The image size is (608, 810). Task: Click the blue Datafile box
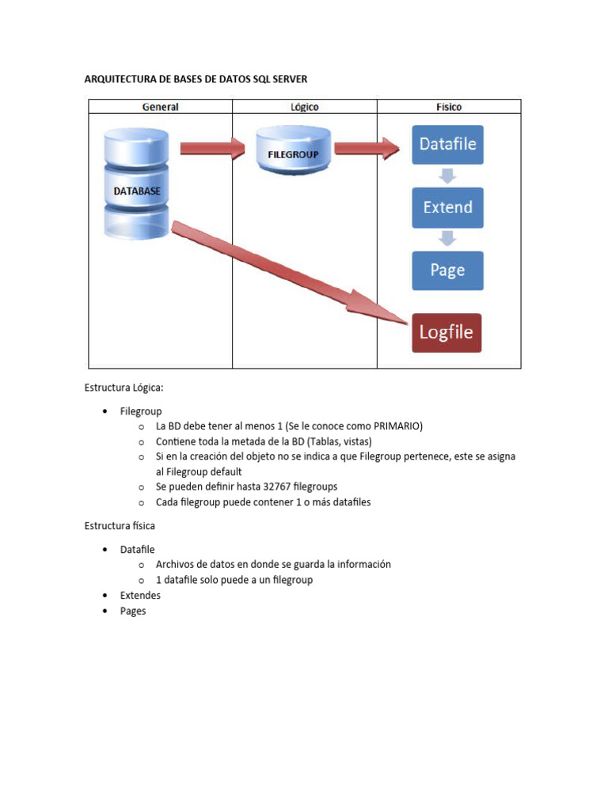pyautogui.click(x=447, y=145)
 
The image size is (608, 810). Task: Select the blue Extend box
pyautogui.click(x=447, y=207)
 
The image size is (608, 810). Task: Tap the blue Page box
pyautogui.click(x=447, y=270)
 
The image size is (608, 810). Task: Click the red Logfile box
pyautogui.click(x=446, y=332)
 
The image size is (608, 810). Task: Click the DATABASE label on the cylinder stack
pyautogui.click(x=137, y=191)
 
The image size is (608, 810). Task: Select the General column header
pyautogui.click(x=160, y=107)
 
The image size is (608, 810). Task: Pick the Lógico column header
pyautogui.click(x=305, y=107)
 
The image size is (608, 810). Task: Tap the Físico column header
pyautogui.click(x=449, y=107)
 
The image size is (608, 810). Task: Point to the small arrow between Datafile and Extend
pyautogui.click(x=447, y=176)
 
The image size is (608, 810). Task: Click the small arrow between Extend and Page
pyautogui.click(x=447, y=238)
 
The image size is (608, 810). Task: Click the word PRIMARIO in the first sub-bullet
pyautogui.click(x=395, y=426)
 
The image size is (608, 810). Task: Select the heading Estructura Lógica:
pyautogui.click(x=123, y=388)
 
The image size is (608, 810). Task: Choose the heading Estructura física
pyautogui.click(x=120, y=525)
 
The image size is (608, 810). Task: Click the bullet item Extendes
pyautogui.click(x=140, y=595)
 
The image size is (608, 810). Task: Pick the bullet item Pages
pyautogui.click(x=133, y=611)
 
